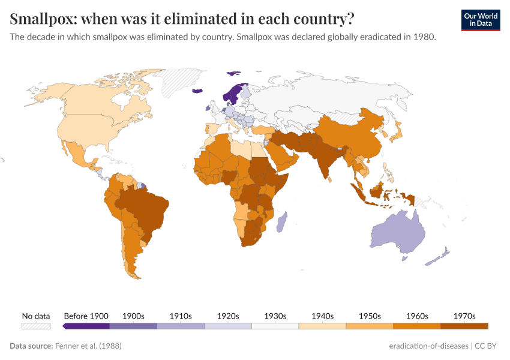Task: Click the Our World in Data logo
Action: coord(481,20)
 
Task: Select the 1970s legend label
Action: coord(464,316)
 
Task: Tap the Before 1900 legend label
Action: coord(86,316)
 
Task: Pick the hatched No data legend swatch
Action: coord(36,326)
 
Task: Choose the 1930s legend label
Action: coord(275,316)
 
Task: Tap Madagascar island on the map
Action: coord(282,222)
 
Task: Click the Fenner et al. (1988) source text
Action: coord(88,346)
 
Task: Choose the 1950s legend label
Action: coord(370,316)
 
